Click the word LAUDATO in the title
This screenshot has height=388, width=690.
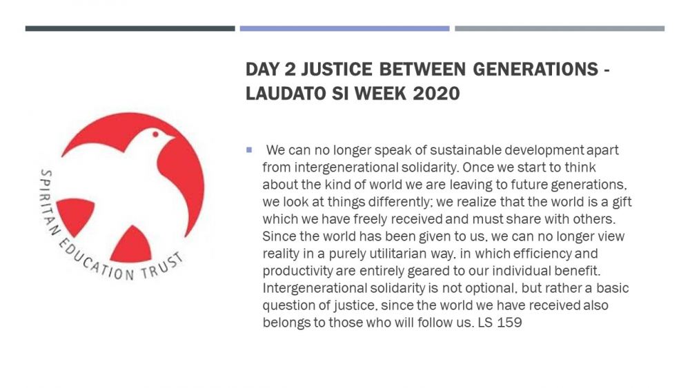(286, 94)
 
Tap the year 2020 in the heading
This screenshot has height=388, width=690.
(436, 94)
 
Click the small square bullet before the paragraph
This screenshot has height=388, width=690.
(249, 150)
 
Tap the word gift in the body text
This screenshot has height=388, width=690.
(622, 202)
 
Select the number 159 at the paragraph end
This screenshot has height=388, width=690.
(509, 323)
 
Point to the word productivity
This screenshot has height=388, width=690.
(297, 271)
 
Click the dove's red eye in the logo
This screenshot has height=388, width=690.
(155, 134)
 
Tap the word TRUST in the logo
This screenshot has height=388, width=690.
(161, 266)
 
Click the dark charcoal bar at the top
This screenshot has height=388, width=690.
(130, 28)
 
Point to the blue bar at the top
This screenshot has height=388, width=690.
(344, 28)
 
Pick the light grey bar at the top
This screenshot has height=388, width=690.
(560, 28)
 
